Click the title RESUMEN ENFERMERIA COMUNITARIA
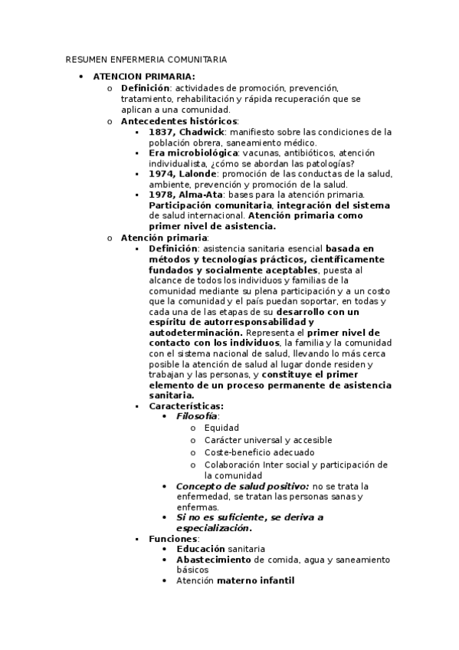(146, 59)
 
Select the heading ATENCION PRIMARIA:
(144, 77)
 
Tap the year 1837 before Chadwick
(162, 132)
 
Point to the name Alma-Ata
(202, 195)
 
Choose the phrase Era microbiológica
(193, 153)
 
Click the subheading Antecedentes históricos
(179, 121)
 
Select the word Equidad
(221, 427)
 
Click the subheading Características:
(186, 405)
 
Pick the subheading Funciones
(173, 539)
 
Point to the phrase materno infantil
(255, 581)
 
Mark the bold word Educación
(200, 550)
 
